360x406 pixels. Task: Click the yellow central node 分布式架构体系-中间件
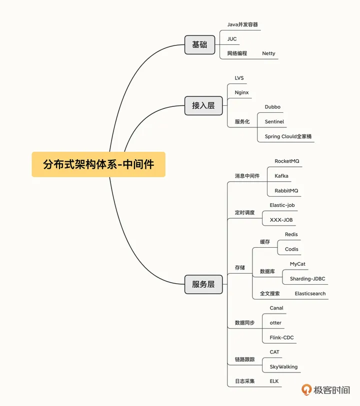point(98,164)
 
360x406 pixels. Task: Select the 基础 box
point(199,44)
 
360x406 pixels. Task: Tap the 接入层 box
point(203,105)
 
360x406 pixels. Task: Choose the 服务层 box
point(203,284)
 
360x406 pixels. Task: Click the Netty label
point(268,53)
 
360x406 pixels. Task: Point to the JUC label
point(232,39)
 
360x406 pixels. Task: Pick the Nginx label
point(241,92)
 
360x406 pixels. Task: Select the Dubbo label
point(272,107)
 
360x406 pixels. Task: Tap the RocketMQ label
point(287,161)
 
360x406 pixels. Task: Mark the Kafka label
point(281,176)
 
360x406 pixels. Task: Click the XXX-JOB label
point(281,220)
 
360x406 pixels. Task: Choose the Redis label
point(291,234)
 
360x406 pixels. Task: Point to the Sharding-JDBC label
point(307,279)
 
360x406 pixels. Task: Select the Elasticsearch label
point(310,294)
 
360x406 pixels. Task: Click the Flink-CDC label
point(281,338)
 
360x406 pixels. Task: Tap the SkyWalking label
point(283,367)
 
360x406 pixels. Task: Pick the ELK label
point(274,381)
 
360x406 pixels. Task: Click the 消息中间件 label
point(247,176)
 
